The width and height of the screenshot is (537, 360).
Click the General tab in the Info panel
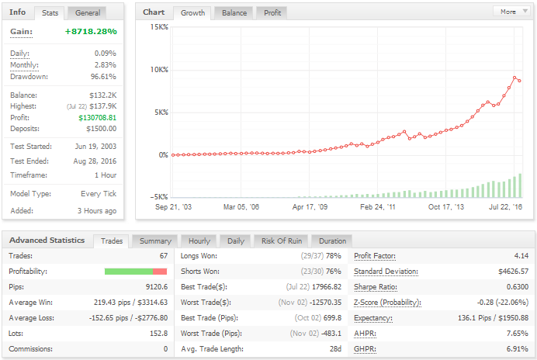click(88, 12)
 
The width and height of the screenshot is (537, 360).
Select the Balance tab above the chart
click(234, 12)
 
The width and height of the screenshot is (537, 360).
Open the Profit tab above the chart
click(272, 12)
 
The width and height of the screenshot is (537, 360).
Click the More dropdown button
click(511, 12)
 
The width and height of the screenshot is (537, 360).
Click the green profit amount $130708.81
click(97, 117)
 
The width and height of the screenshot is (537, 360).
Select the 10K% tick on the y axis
click(159, 70)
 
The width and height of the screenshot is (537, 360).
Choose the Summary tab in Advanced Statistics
click(155, 241)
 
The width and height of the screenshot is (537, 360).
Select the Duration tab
click(332, 241)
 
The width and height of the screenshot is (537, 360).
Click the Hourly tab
click(199, 241)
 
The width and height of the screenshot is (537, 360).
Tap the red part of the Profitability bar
click(160, 272)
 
